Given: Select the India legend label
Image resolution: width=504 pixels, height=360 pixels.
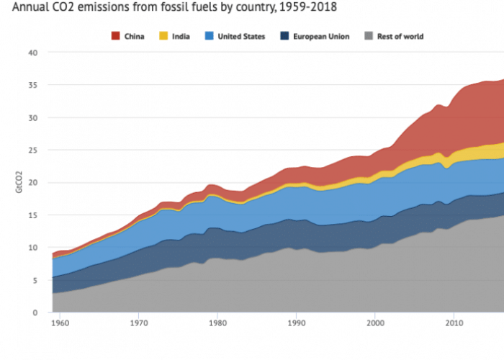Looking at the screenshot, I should point(181,36).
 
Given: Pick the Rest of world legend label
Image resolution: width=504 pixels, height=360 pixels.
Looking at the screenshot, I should point(400,36).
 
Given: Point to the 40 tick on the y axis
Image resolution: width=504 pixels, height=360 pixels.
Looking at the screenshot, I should point(32,53).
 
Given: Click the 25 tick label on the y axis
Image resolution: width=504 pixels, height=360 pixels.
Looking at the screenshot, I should point(32,150).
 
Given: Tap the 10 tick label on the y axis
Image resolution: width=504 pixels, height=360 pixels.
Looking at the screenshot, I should point(32,248).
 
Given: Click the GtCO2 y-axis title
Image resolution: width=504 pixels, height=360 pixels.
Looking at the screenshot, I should point(9,182).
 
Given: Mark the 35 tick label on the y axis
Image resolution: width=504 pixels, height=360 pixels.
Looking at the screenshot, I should point(32,85).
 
